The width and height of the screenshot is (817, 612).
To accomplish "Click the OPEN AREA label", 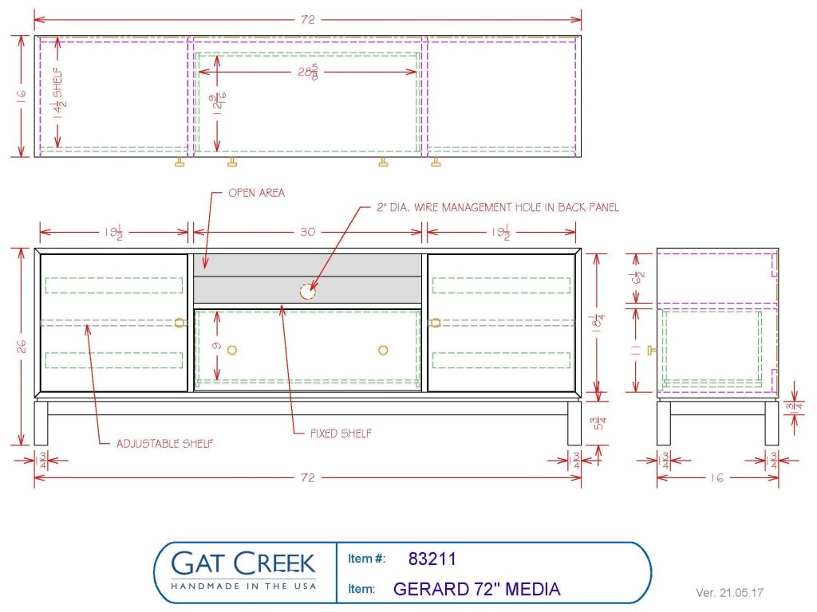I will pos(256,193).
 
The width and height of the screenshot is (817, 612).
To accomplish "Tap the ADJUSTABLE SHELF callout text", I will pos(164,444).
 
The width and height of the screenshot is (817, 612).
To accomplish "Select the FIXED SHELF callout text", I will pos(341,434).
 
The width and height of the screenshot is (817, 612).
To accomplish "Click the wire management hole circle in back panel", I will pos(307,292).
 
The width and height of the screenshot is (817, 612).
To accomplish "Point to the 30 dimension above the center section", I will pos(307,233).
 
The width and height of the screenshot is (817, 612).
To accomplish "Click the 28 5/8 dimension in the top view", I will pos(307,72).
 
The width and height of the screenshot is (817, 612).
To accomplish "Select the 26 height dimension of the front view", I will pos(22,347).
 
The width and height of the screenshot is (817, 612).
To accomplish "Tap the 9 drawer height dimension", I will pos(217,347).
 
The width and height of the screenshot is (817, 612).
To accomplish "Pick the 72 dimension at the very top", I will pos(308,20).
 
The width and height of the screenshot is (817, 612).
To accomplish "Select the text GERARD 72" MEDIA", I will pos(476,590).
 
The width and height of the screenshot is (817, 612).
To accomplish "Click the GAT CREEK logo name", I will pos(244,563).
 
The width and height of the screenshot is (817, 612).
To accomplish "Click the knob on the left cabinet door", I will pos(179,322).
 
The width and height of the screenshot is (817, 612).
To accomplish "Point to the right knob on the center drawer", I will pos(383,350).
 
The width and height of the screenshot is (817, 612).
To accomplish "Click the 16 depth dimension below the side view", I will pos(717,477).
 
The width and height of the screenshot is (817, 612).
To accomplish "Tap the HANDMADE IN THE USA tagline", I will pos(244,586).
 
